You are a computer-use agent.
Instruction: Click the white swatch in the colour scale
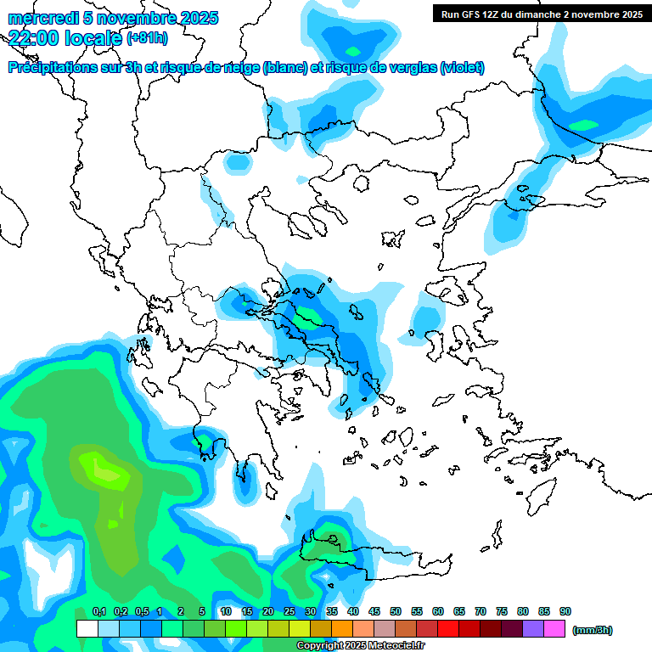click(87, 628)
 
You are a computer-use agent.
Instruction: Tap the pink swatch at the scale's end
click(554, 628)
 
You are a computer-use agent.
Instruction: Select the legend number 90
click(565, 612)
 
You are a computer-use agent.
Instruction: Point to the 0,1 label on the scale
click(98, 612)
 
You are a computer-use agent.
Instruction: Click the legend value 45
click(374, 612)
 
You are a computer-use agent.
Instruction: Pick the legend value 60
click(438, 612)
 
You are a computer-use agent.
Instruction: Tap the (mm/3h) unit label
click(593, 630)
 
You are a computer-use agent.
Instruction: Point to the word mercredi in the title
click(39, 18)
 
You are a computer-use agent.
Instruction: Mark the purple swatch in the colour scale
click(533, 628)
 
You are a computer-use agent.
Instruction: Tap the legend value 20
click(268, 612)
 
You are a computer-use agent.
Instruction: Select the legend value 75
click(502, 612)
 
